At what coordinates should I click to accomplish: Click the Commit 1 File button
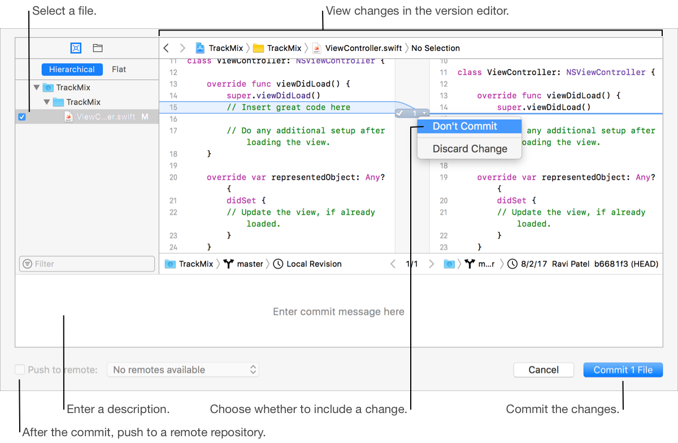point(623,370)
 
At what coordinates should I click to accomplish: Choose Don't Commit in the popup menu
point(464,127)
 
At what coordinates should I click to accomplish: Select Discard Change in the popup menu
point(470,149)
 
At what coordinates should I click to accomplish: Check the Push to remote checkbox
point(20,370)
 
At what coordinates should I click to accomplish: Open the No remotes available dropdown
point(183,370)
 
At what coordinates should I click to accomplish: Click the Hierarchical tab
point(72,70)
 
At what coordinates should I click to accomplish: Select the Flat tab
point(119,70)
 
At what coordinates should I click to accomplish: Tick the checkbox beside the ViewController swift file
point(22,117)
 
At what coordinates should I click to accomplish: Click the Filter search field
point(87,264)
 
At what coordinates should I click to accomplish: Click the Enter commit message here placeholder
point(338,312)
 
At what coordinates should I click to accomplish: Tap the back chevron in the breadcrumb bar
point(166,48)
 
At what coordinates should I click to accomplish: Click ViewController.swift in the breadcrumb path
point(364,48)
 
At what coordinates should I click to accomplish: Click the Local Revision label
point(314,264)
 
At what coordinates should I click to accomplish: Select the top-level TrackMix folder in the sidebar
point(73,88)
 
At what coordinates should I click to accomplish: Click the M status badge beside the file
point(145,117)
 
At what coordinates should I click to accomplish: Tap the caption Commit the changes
point(562,409)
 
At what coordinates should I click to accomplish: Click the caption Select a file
point(64,11)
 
